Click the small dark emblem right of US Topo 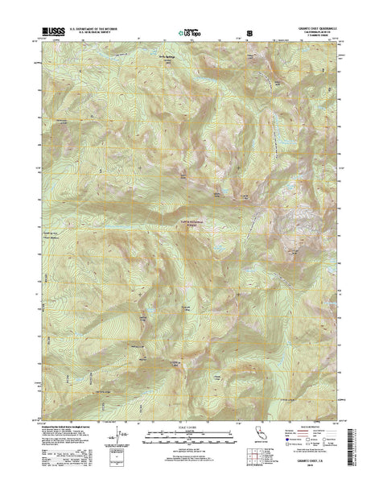tap(249, 35)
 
